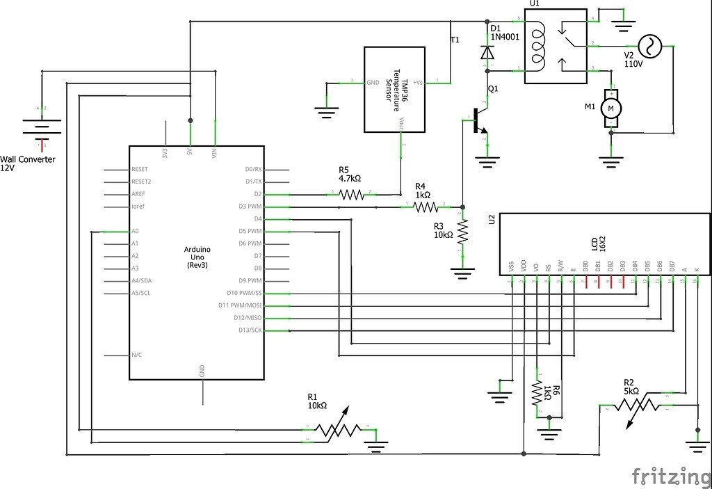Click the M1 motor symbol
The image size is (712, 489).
coord(611,108)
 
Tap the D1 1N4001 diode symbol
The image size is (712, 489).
coord(488,51)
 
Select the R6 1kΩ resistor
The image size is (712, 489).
coord(537,394)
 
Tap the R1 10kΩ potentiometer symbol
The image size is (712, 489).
coord(337,431)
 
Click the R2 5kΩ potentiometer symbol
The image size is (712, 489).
coord(638,404)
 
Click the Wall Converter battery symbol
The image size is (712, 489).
coord(42,127)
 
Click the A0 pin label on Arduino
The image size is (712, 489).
coord(135,231)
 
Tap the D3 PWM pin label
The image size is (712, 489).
coord(249,207)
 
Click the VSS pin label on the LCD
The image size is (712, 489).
coord(512,266)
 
